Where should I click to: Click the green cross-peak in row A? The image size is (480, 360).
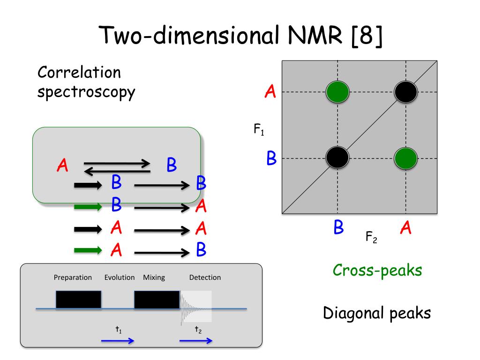coord(337,92)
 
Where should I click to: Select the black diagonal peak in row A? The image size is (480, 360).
coord(405,92)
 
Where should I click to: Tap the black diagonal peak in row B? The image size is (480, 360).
coord(337,157)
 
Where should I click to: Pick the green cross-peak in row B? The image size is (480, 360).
coord(405,158)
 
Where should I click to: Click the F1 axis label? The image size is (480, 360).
coord(259,129)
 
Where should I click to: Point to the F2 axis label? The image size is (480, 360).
coord(371,237)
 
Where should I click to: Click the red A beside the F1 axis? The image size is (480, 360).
coord(270,91)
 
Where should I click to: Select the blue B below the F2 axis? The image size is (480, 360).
coord(338,227)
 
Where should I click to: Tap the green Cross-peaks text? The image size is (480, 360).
coord(377,271)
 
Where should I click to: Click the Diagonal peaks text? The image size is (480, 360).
coord(377,313)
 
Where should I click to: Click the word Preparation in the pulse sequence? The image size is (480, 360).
coord(73,277)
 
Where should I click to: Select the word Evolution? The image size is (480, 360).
coord(120,277)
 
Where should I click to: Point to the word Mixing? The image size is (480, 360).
coord(154,277)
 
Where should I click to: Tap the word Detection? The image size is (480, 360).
coord(205,277)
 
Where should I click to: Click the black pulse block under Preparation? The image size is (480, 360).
coord(78,300)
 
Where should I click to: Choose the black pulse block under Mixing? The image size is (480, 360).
coord(157,300)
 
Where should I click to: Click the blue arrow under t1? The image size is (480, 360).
coord(118,341)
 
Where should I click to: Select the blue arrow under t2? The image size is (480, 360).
coord(196,341)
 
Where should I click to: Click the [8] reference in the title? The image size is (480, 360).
coord(367,36)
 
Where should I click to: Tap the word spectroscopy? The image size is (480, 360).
coord(86,92)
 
